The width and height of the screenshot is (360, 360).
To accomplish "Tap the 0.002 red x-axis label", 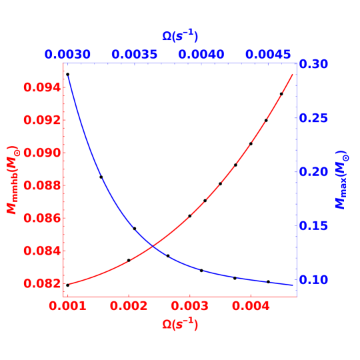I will pos(129,306).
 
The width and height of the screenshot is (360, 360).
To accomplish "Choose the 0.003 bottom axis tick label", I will pos(189,306).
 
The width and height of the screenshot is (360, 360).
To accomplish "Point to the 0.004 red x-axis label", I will pos(251,306).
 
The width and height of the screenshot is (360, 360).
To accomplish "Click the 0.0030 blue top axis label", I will pos(68,54).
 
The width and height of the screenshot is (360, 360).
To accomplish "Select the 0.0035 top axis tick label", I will pos(135,54).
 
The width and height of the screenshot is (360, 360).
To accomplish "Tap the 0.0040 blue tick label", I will pos(203,54).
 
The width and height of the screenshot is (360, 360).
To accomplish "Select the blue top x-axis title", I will pos(180,36).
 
